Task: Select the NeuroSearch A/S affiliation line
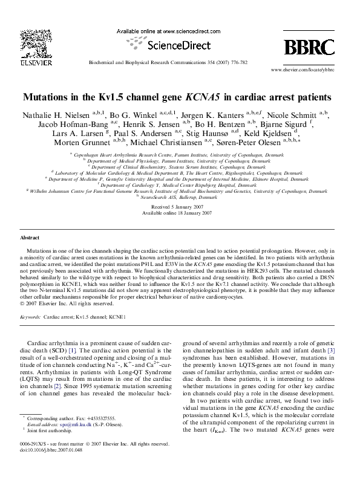tap(180, 198)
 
